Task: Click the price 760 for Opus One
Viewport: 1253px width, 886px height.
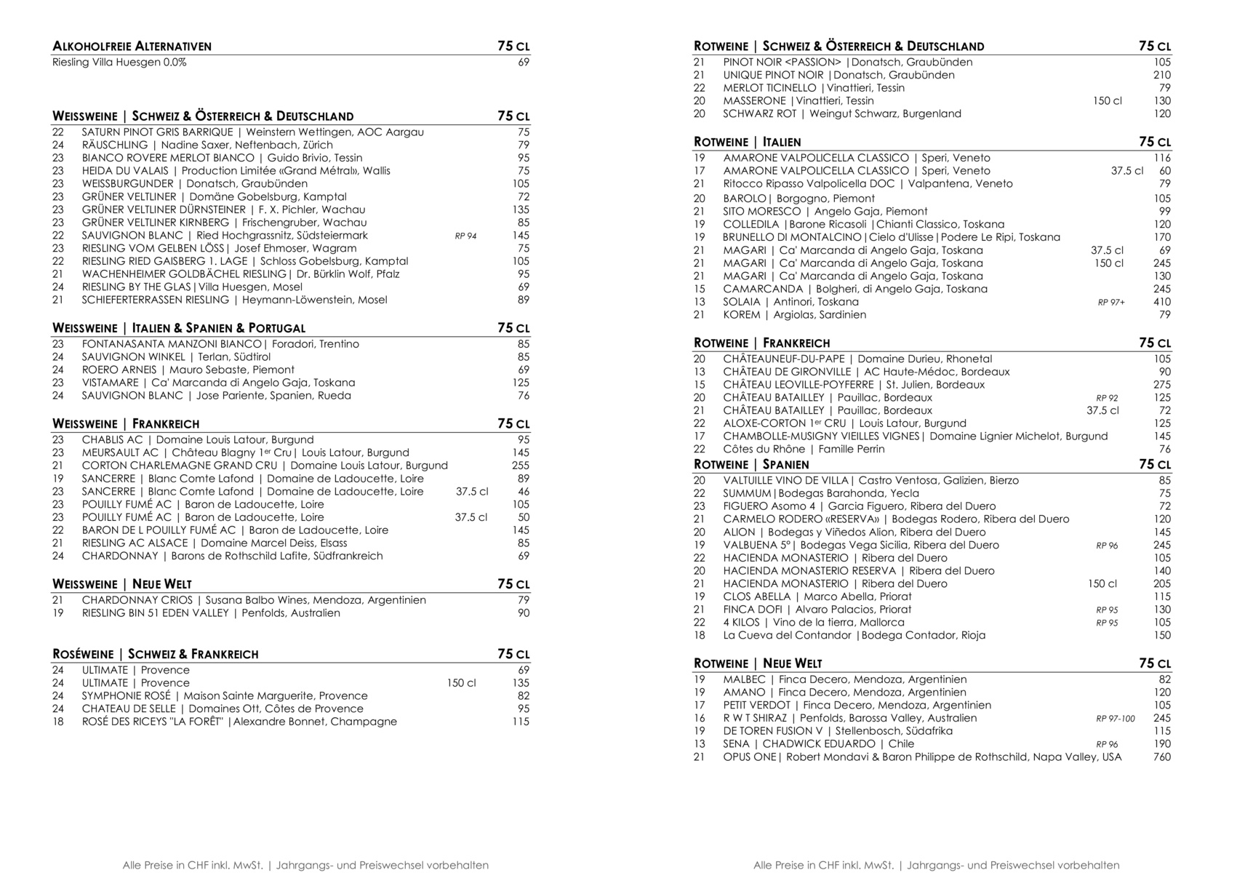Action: (1161, 757)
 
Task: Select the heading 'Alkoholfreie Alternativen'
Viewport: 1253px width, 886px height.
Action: (132, 47)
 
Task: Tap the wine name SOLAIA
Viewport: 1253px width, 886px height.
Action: (741, 302)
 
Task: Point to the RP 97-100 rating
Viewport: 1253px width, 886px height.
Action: (1115, 719)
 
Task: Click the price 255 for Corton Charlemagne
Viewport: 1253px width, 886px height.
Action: (520, 466)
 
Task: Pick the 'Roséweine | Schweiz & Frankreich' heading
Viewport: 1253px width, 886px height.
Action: (155, 654)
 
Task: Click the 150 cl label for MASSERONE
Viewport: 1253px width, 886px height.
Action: (1107, 101)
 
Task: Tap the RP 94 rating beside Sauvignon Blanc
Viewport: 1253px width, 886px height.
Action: (465, 236)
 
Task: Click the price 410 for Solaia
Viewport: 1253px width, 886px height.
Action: (1161, 302)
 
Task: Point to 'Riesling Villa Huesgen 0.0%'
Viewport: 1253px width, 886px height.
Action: (119, 63)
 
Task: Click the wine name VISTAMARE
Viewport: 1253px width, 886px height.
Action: (109, 383)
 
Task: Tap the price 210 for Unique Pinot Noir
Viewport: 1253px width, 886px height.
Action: (1161, 75)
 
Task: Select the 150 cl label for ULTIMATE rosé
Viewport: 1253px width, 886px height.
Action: (461, 683)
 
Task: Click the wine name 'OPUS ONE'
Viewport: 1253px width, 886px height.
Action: (749, 757)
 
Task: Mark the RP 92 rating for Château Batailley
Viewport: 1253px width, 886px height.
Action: (1107, 398)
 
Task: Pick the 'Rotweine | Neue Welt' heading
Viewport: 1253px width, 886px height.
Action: (757, 663)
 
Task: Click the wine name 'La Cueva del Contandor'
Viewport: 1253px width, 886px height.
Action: (786, 636)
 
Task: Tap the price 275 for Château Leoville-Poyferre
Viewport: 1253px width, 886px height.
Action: (1161, 385)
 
